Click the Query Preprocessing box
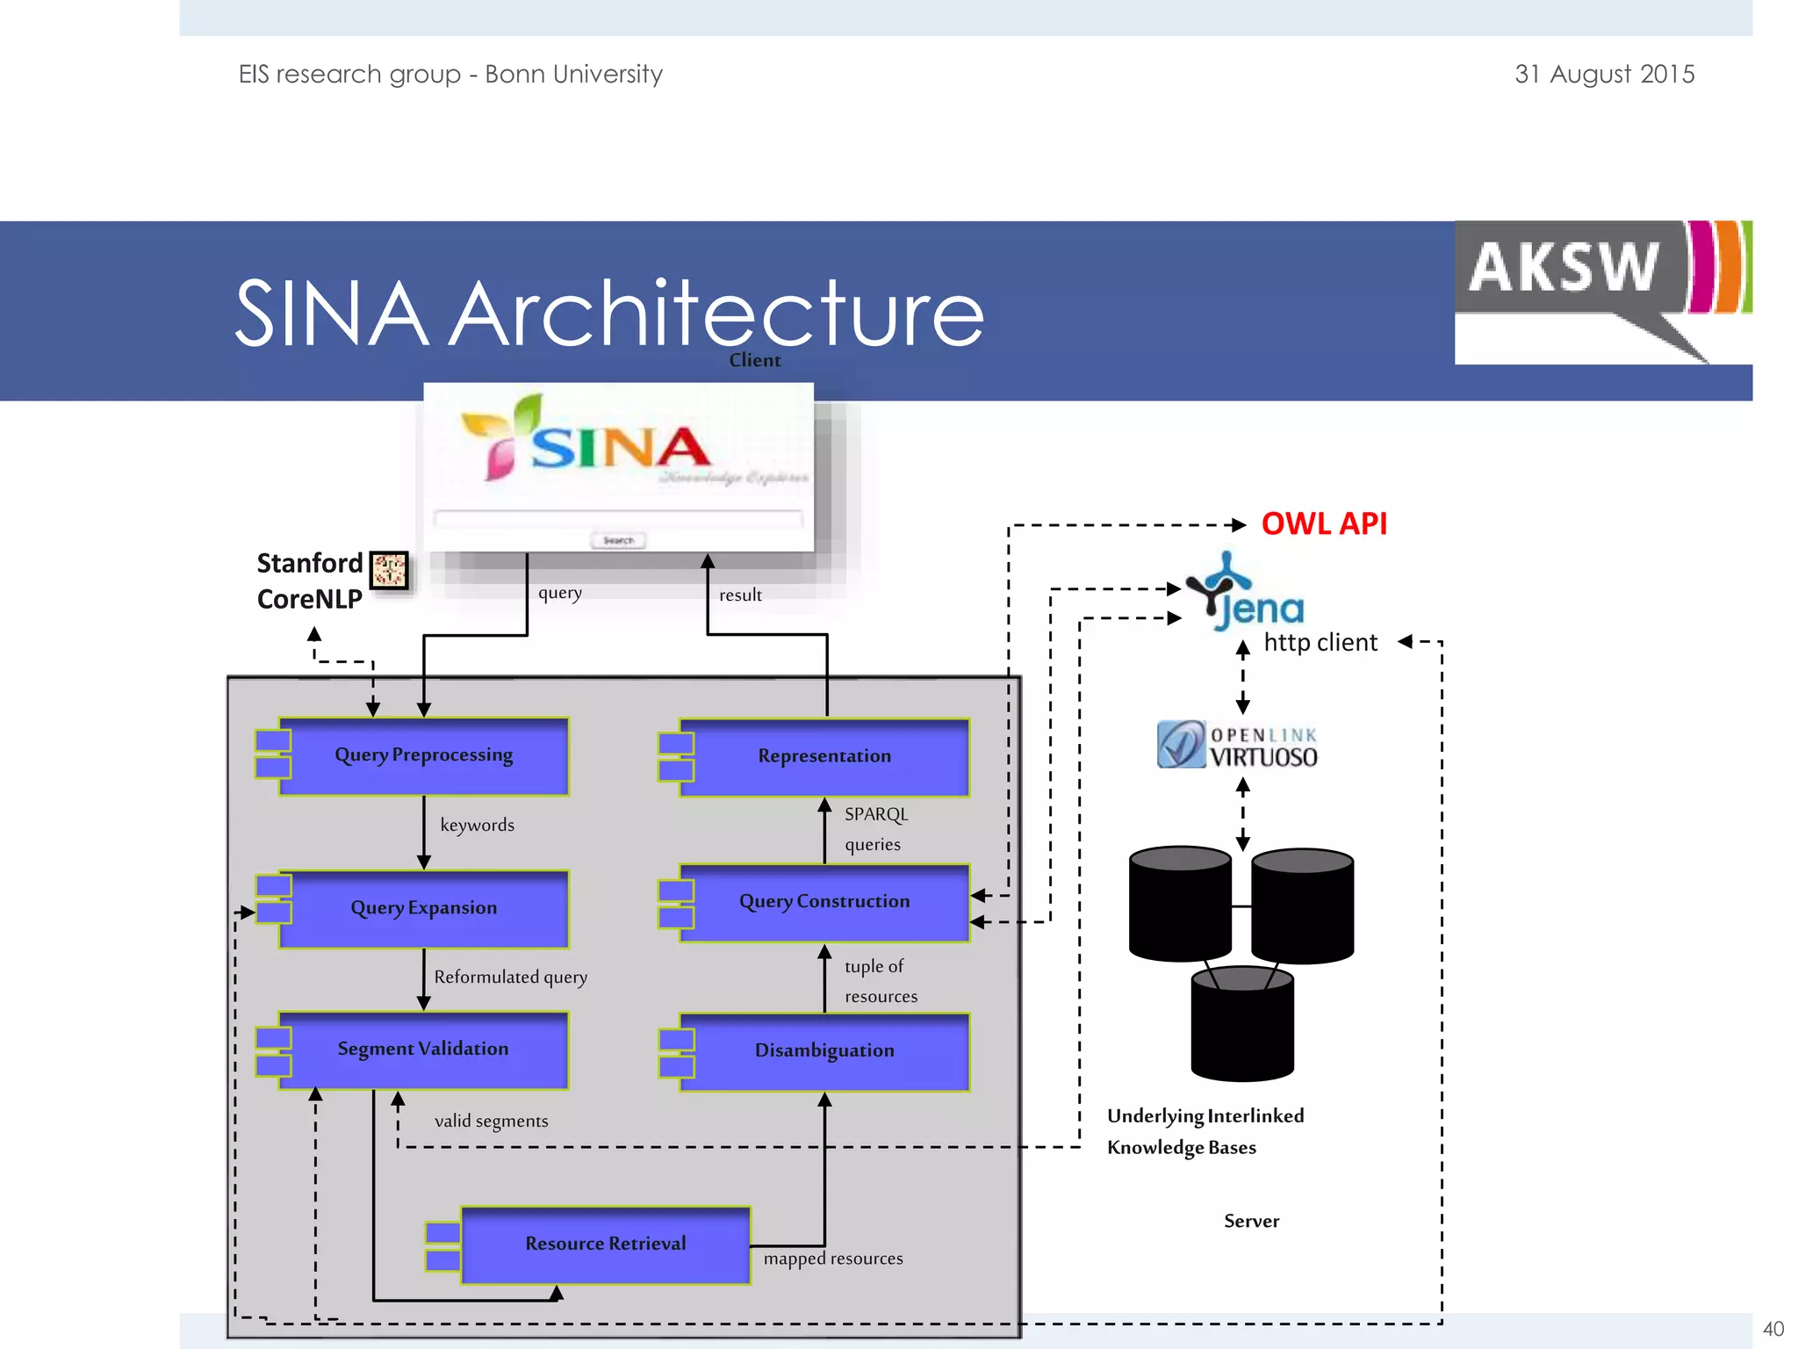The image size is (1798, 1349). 423,756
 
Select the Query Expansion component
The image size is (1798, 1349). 423,909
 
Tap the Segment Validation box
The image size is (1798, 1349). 423,1050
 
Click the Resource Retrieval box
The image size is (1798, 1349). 605,1244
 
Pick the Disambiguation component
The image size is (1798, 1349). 823,1051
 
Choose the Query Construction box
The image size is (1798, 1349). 823,902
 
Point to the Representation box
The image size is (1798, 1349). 823,757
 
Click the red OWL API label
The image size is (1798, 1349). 1323,524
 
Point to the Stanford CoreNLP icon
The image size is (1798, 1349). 389,571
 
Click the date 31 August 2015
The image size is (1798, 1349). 1604,75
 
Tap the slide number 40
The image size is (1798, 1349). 1773,1329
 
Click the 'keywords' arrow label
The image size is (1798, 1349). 477,826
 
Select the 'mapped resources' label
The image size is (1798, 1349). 832,1259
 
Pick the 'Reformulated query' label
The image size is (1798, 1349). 510,977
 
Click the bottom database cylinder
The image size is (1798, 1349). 1241,1026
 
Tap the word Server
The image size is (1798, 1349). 1251,1222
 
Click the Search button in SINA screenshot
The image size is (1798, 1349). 618,540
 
